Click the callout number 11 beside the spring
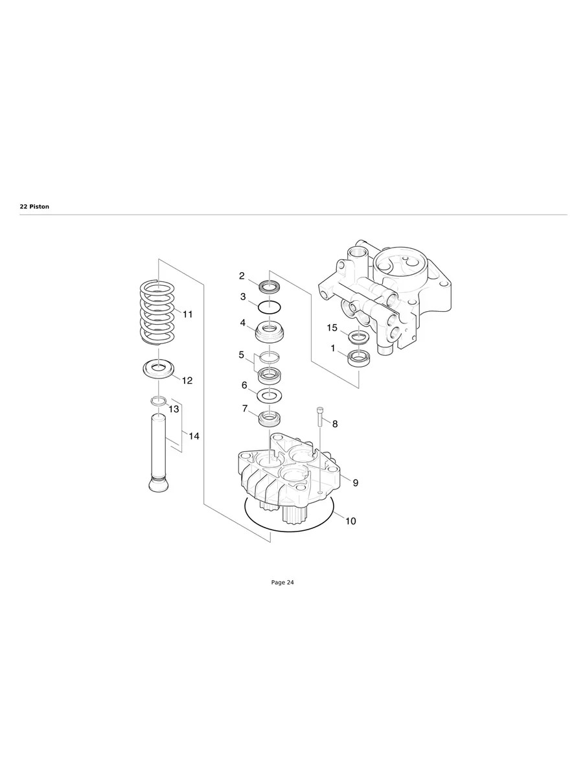[x=187, y=314]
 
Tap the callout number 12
[x=187, y=380]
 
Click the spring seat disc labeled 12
[x=159, y=369]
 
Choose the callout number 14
[x=194, y=436]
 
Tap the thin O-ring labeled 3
[x=269, y=306]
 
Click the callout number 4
[x=242, y=322]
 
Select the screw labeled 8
[x=320, y=416]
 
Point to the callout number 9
[x=355, y=483]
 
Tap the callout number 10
[x=351, y=520]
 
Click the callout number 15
[x=332, y=328]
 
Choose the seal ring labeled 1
[x=358, y=357]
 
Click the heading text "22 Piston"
[x=34, y=207]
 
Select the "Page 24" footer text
[x=282, y=583]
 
